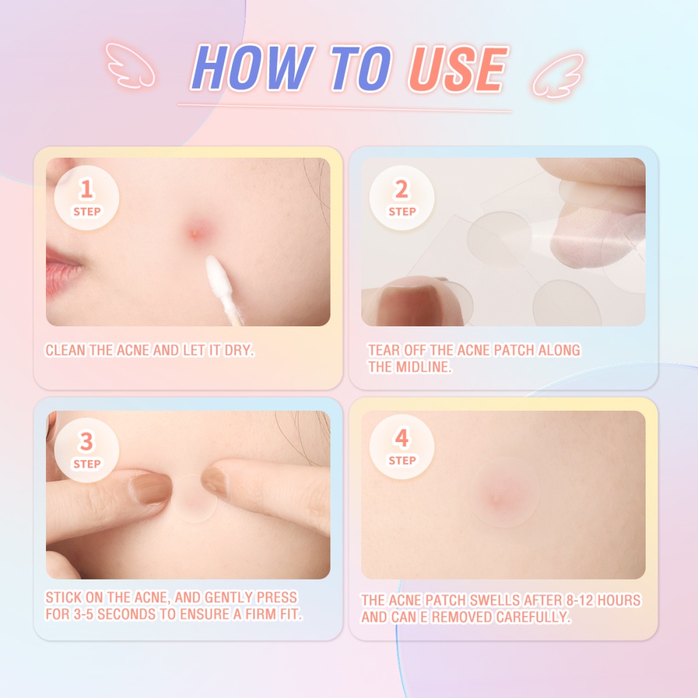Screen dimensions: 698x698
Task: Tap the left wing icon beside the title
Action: pyautogui.click(x=130, y=64)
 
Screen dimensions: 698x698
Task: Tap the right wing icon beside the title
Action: pyautogui.click(x=557, y=73)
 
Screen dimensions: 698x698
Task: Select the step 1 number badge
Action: pyautogui.click(x=86, y=197)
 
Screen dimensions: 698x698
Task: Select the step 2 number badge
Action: pyautogui.click(x=402, y=197)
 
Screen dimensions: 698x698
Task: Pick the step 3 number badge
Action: pyautogui.click(x=86, y=450)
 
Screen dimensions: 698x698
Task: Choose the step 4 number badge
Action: pyautogui.click(x=402, y=447)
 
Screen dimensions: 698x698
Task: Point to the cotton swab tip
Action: pyautogui.click(x=217, y=273)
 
